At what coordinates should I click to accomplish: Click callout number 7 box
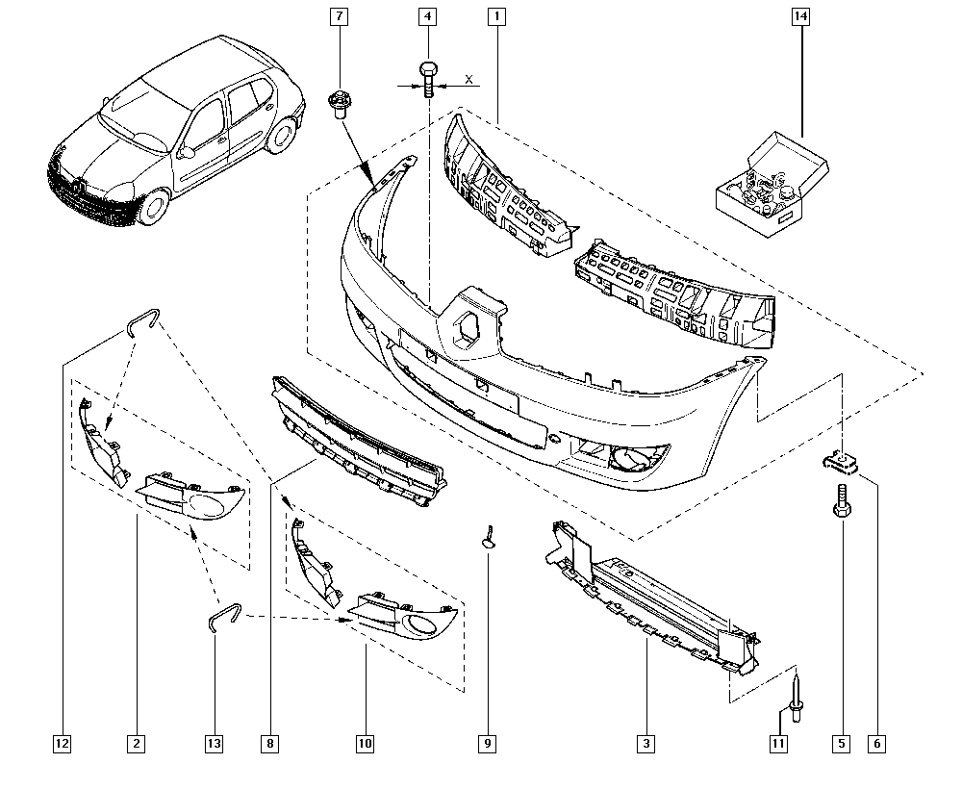coord(339,16)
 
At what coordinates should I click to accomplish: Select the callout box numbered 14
coord(800,16)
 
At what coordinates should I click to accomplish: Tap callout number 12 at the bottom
coord(62,744)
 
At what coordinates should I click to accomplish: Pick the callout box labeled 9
coord(487,744)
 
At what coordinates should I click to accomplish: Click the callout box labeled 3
coord(646,744)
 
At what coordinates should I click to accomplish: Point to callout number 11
coord(778,744)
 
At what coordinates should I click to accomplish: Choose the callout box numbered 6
coord(876,744)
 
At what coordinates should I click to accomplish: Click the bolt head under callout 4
coord(428,66)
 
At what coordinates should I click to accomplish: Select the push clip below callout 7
coord(337,105)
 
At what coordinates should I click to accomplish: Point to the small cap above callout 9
coord(489,538)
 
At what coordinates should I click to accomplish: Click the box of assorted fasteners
coord(772,184)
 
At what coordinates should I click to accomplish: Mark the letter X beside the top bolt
coord(469,79)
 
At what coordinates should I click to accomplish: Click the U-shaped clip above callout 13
coord(225,616)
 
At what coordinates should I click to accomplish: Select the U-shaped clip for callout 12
coord(143,320)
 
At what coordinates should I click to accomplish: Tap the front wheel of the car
coord(153,208)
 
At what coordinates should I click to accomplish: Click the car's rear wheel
coord(282,135)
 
